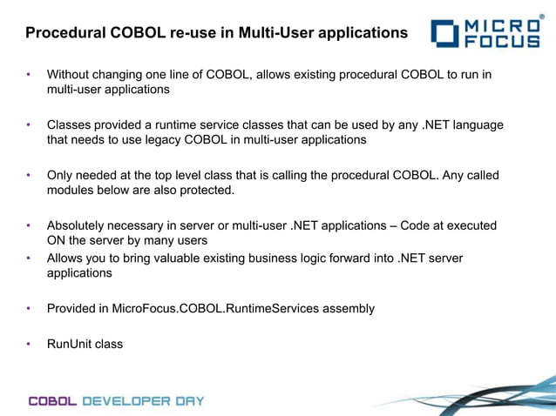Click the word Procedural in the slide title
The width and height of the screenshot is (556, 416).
click(x=63, y=33)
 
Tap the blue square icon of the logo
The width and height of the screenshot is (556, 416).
click(x=443, y=33)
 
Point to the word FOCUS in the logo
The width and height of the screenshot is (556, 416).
click(x=504, y=41)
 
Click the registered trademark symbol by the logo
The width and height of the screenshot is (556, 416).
click(x=542, y=15)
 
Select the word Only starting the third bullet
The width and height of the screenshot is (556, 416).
click(x=61, y=175)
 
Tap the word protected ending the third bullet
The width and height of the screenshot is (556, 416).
click(x=206, y=190)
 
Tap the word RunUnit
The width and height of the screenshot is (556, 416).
click(x=70, y=344)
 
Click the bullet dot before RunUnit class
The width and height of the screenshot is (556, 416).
click(x=29, y=344)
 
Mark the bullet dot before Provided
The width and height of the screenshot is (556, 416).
click(x=29, y=308)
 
